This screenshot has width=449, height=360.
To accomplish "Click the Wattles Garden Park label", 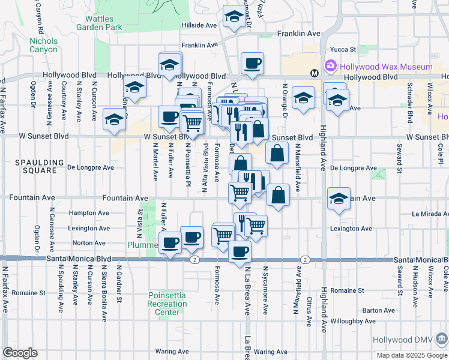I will (x=100, y=23).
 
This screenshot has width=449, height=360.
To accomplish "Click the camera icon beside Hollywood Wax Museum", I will (x=330, y=65).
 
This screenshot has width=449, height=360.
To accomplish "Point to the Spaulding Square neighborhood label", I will (x=40, y=167).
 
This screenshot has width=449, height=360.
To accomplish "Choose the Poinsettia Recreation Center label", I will (x=167, y=304).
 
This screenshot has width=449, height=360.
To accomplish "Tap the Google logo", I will (x=20, y=353).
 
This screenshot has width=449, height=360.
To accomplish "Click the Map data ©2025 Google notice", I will (x=411, y=355).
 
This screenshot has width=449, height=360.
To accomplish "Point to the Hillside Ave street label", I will (x=199, y=25).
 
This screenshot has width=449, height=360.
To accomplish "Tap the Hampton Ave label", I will (x=89, y=212).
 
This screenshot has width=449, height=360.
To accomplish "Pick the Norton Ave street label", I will (x=88, y=243).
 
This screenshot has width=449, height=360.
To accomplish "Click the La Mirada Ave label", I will (x=429, y=214).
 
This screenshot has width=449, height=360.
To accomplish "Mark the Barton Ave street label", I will (x=374, y=310).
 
